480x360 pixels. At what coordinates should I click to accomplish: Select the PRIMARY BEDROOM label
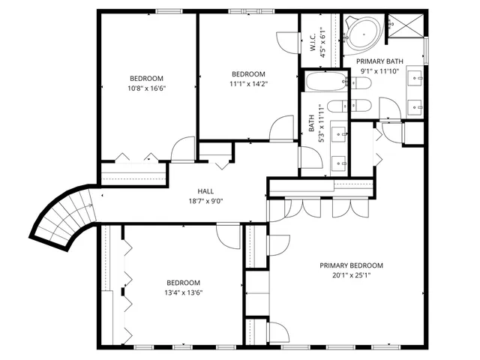point(351,265)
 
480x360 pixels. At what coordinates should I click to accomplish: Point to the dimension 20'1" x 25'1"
point(351,275)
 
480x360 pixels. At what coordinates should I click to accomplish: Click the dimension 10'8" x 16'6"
point(146,88)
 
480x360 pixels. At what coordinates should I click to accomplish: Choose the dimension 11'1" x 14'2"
point(248,83)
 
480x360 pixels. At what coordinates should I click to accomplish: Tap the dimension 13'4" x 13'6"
point(184,292)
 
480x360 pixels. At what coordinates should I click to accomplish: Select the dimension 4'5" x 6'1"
point(323,43)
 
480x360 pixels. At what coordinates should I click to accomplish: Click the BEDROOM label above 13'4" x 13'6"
point(184,283)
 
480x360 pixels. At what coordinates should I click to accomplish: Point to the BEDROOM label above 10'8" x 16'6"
point(146,78)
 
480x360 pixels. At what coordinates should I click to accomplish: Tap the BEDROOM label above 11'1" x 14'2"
point(248,73)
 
